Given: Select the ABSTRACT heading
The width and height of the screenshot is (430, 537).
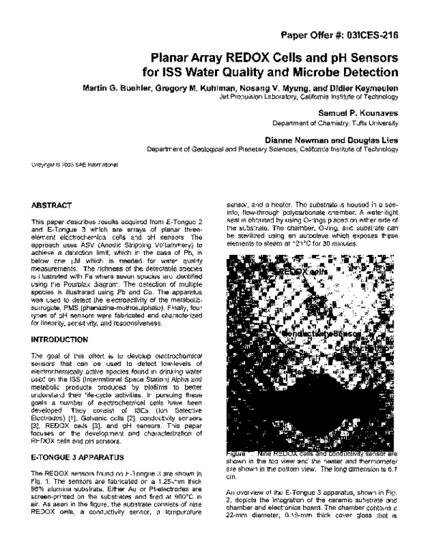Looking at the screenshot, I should (x=52, y=205).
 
